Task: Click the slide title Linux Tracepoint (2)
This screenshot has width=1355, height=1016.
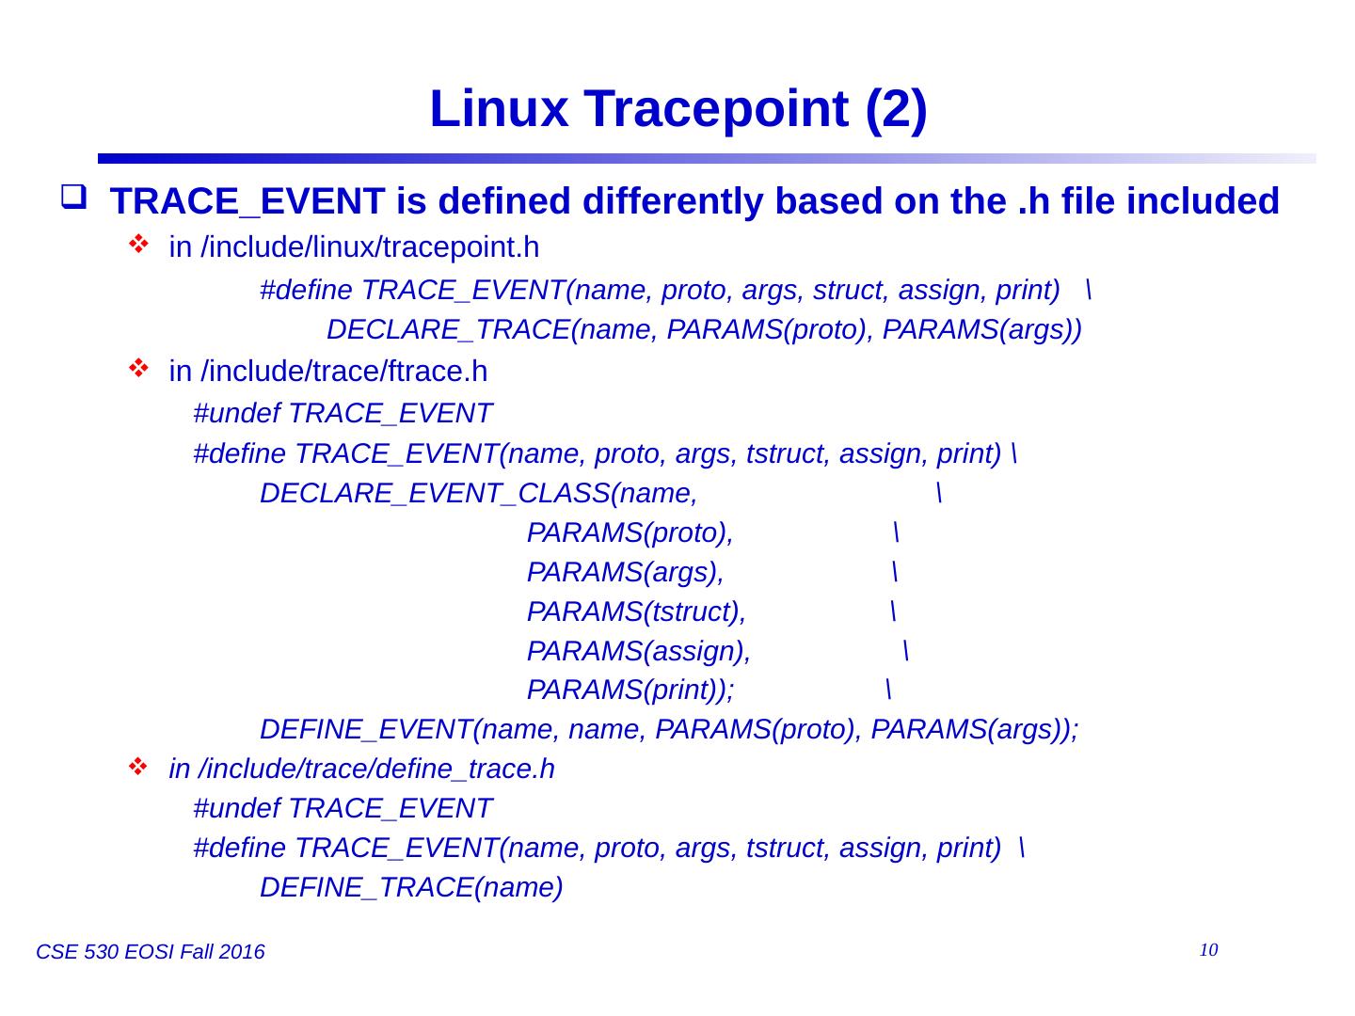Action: point(677,110)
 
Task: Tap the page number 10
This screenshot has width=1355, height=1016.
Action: point(1209,949)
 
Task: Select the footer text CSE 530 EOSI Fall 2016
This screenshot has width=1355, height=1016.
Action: point(150,953)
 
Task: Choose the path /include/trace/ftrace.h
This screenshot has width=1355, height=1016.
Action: point(344,373)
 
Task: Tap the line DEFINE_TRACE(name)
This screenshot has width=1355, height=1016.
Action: point(411,887)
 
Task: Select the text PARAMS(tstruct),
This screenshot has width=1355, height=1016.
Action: point(636,611)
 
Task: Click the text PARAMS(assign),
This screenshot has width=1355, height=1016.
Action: point(638,651)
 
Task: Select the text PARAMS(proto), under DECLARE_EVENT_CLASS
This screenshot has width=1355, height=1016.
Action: point(630,532)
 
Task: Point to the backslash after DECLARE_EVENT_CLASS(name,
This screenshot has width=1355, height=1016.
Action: point(940,493)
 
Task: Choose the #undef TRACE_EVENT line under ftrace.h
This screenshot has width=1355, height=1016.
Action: point(343,413)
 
